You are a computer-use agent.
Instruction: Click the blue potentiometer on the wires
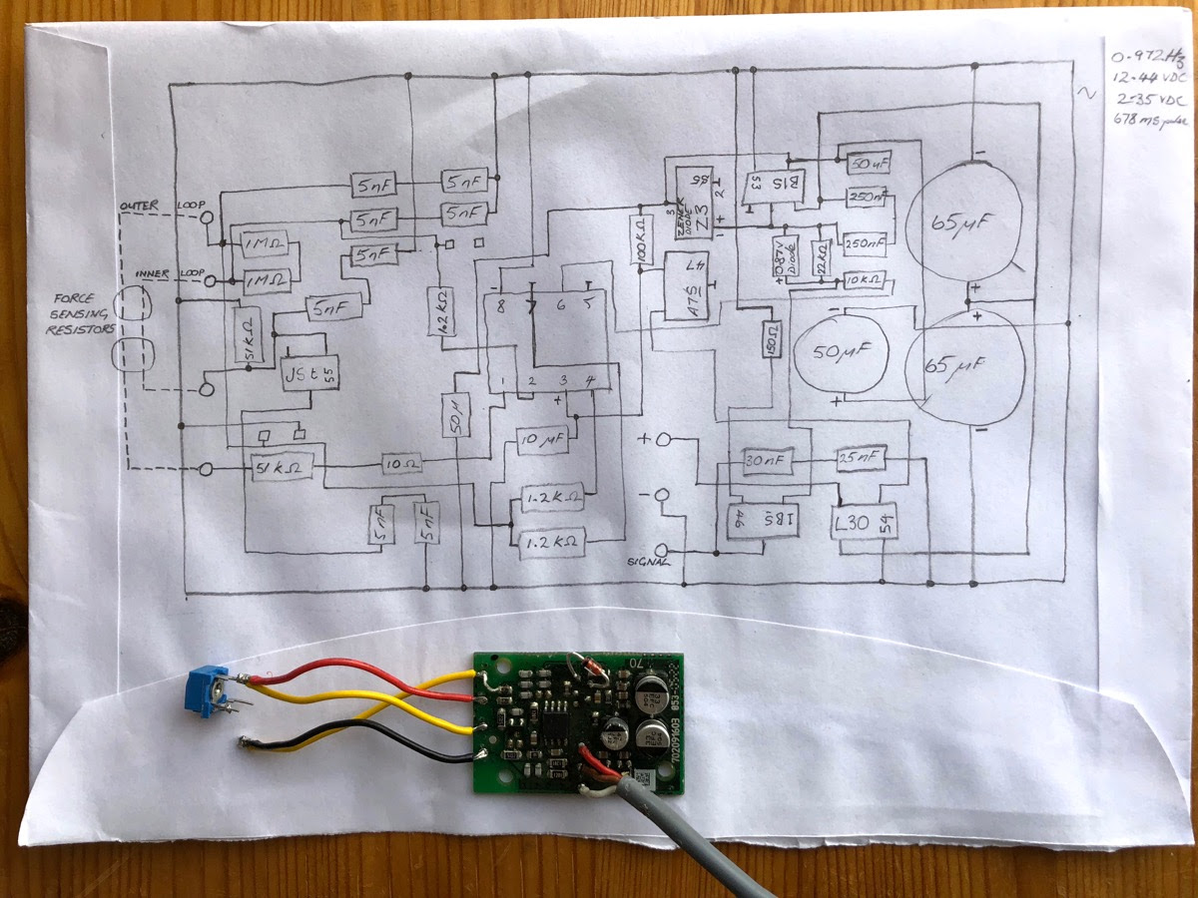(203, 691)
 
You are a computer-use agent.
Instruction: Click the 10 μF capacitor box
(542, 440)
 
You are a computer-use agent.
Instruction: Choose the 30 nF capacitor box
(768, 462)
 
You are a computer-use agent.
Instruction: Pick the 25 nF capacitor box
(861, 459)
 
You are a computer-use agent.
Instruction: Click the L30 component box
(865, 521)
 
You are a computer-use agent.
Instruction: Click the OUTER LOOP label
(159, 205)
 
